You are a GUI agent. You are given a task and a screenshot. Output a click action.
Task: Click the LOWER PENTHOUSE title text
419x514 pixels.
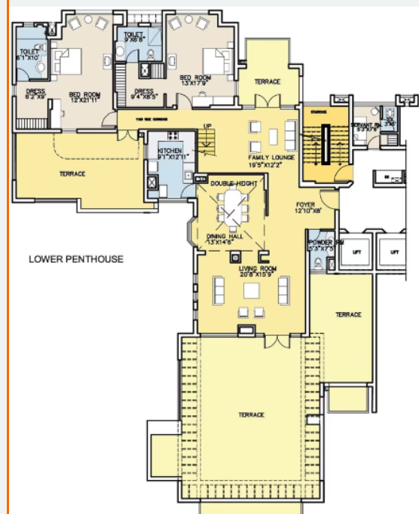tap(75, 259)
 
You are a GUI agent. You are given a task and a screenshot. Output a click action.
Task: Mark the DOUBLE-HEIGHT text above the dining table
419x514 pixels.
tap(234, 184)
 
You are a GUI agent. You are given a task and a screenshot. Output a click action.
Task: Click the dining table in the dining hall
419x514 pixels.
tap(231, 209)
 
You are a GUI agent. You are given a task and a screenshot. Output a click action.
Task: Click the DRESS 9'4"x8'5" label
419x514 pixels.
tap(144, 94)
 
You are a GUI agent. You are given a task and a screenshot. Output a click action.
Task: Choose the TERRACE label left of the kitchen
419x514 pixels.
tap(72, 174)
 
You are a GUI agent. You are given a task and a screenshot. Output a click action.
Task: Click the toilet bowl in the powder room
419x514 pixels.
tap(317, 263)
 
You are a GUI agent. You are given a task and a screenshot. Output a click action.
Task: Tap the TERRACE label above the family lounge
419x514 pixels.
tap(267, 81)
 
